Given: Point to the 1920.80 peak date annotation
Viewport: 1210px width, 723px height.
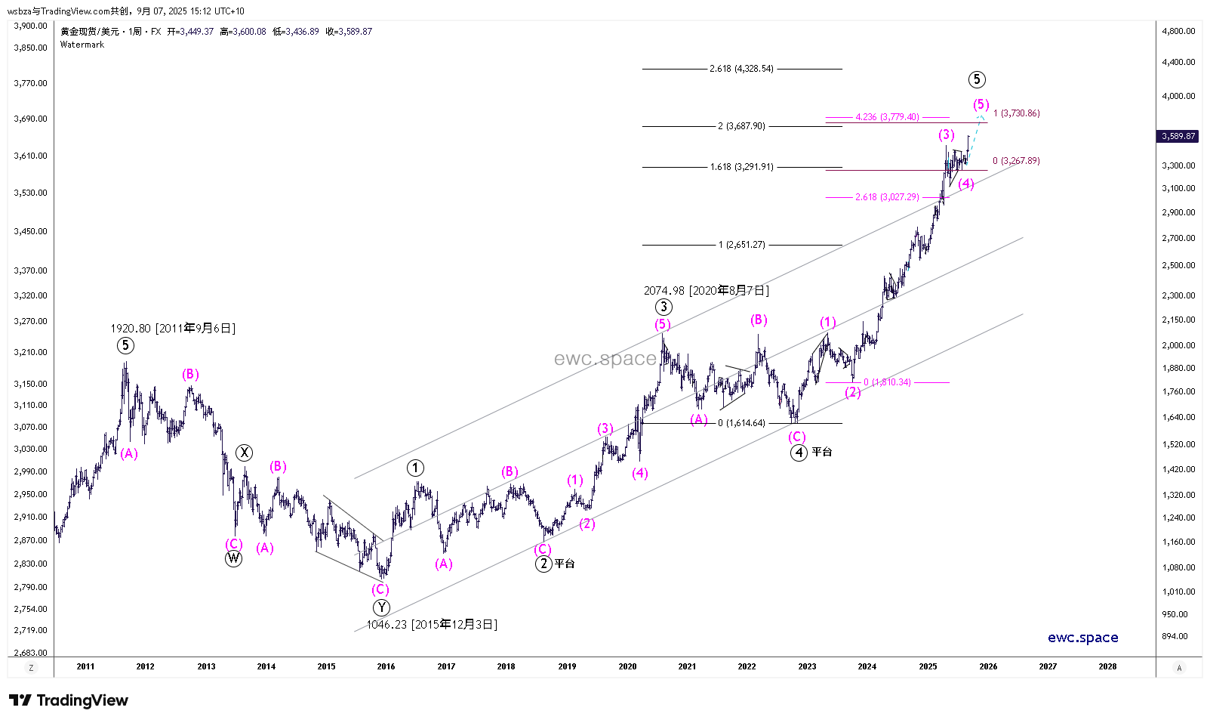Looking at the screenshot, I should (x=173, y=329).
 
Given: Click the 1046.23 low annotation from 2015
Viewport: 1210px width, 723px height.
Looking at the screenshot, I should (x=432, y=625).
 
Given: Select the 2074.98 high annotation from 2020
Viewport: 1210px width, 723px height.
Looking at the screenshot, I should (x=707, y=291).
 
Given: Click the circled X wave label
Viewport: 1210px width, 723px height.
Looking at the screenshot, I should (x=244, y=453).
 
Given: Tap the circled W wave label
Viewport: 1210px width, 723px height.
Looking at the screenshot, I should (x=234, y=559).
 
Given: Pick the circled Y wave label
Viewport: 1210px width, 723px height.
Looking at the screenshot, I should (x=382, y=607).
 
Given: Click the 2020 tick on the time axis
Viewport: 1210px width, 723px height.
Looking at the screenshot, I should (x=627, y=666).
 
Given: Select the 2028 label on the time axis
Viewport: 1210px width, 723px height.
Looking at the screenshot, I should (x=1107, y=666).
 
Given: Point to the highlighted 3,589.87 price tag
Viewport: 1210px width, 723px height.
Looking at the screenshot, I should (x=1178, y=136).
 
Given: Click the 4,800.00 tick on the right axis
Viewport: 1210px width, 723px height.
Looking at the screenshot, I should (x=1178, y=31).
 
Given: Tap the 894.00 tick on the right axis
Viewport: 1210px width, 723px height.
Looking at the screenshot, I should (x=1175, y=636).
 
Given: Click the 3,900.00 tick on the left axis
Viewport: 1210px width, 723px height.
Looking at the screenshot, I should (x=31, y=26).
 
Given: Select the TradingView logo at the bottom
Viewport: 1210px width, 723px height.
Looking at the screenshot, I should (x=69, y=700).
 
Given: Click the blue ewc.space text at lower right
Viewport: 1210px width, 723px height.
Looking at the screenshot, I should (x=1082, y=638).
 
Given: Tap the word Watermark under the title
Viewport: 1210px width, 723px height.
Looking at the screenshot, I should (x=82, y=45).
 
